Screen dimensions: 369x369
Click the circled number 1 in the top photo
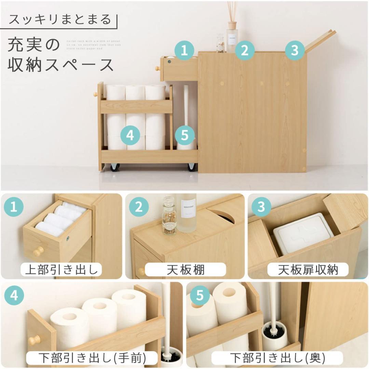click(x=184, y=51)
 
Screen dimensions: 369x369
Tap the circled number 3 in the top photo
click(x=295, y=51)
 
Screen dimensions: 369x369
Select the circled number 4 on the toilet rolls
click(x=130, y=135)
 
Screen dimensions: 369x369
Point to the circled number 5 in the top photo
click(x=184, y=135)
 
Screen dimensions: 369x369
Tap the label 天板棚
click(x=186, y=270)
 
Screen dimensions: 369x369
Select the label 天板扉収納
click(x=307, y=270)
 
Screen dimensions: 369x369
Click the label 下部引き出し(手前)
click(x=92, y=358)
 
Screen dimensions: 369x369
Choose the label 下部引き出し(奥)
click(x=277, y=358)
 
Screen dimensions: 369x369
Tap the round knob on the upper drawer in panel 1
click(x=38, y=252)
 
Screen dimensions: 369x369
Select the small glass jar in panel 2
click(x=169, y=215)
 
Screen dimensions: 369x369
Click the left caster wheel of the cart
click(x=114, y=167)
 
